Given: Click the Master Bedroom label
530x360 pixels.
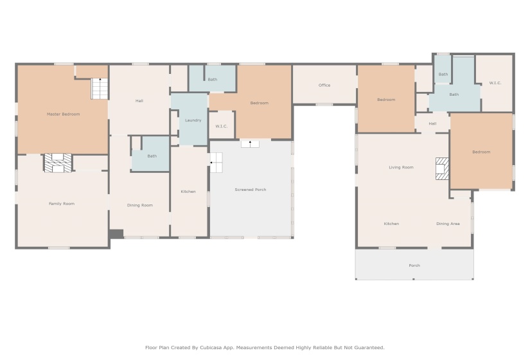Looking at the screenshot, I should point(63,114).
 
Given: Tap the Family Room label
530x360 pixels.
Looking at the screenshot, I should point(62,204).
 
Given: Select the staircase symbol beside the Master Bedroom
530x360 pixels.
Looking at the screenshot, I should point(100,89).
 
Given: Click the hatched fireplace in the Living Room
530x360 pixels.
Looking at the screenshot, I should point(442,168).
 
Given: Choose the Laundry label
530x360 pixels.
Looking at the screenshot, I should point(193,120).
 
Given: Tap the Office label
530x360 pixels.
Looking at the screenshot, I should point(324,85).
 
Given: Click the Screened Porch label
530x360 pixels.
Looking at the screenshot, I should point(250,190).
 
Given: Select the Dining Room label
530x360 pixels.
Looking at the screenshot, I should point(139,205).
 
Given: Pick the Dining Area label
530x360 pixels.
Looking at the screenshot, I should point(448,224).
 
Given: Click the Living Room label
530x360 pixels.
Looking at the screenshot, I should point(401,167).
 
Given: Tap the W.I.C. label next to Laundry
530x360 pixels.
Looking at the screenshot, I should point(222,126).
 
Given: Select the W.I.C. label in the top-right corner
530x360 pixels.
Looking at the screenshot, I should point(495,82).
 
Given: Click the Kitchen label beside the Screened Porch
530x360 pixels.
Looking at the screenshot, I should point(188,192).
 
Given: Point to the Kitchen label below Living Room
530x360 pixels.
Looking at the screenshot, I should point(391,224).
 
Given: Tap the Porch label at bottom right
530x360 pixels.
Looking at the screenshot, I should point(414,265).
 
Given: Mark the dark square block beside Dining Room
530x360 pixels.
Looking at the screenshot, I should point(116,234).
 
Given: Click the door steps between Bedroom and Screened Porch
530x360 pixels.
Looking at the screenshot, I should point(250,144).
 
